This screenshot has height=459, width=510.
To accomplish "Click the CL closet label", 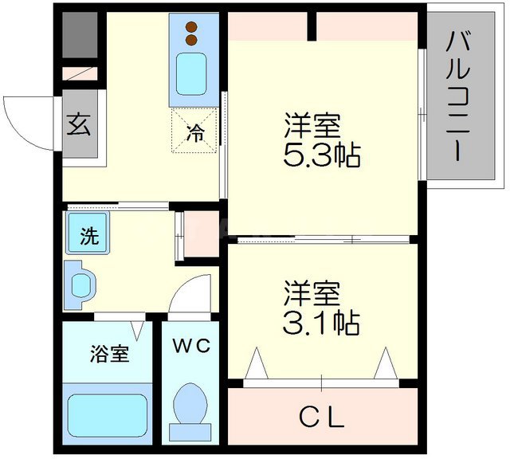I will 321,417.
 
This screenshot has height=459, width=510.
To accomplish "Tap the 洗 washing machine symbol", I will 88,237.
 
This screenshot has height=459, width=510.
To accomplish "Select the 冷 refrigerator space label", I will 194,133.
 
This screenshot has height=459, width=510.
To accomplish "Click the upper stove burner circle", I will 191,26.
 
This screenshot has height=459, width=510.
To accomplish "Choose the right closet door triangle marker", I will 386,365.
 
